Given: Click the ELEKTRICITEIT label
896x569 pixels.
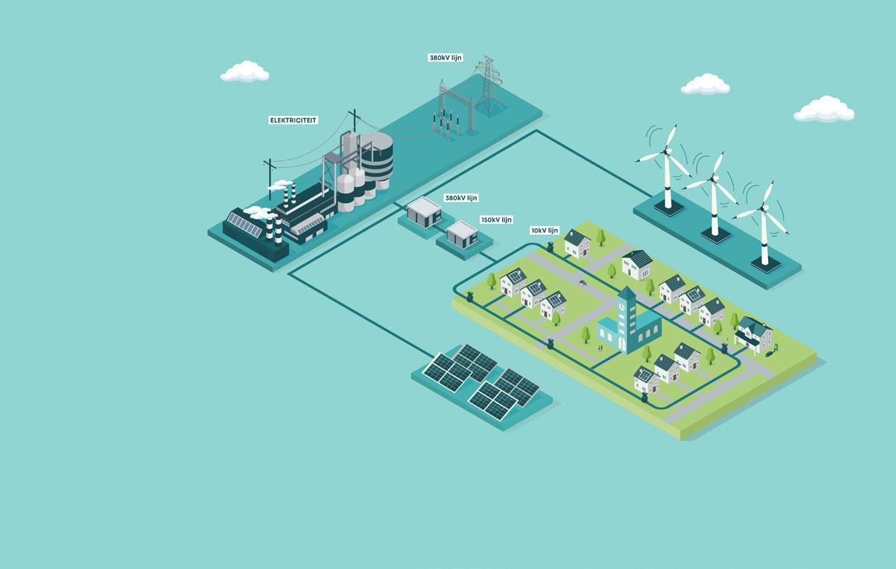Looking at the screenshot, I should (293, 120).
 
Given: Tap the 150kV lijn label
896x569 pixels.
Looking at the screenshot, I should (496, 220).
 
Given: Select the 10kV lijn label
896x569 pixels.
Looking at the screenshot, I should (545, 230).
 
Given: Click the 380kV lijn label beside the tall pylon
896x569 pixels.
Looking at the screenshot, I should (446, 58).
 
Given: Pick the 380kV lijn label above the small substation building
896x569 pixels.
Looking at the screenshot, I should (461, 198).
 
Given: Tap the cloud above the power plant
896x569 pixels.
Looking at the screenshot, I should (245, 72).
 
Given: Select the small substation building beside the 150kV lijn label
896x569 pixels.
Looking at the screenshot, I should (462, 233).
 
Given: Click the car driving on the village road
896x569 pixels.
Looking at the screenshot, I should (583, 282).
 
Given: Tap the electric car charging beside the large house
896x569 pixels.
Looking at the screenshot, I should (771, 351).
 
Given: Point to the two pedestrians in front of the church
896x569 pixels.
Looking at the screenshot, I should (600, 347).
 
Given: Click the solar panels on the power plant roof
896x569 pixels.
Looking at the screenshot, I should (245, 225).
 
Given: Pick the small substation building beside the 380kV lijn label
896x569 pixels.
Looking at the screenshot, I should (424, 213).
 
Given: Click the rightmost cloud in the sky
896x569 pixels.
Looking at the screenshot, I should (824, 110).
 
